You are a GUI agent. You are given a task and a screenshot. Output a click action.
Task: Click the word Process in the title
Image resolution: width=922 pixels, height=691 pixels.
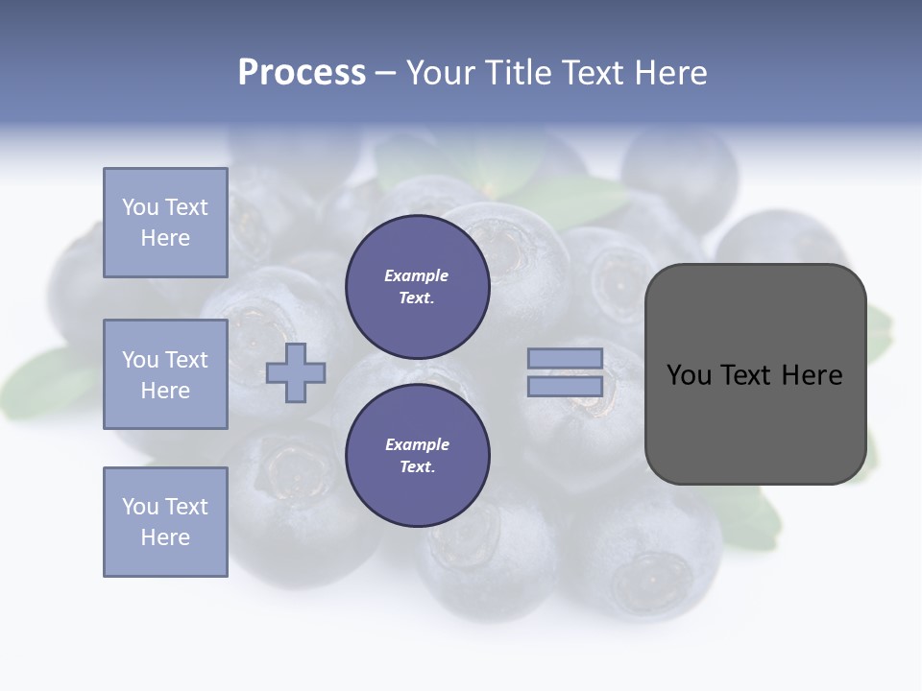pyautogui.click(x=302, y=73)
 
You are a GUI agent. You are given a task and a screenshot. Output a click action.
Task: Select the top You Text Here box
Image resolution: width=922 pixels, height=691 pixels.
pyautogui.click(x=165, y=223)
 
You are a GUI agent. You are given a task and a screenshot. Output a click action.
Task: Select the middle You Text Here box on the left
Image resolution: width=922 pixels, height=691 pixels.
pyautogui.click(x=165, y=374)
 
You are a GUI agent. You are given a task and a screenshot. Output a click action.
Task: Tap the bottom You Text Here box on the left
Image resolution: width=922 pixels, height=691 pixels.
pyautogui.click(x=165, y=522)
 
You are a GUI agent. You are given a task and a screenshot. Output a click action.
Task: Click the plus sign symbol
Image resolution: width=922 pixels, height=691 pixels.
pyautogui.click(x=296, y=373)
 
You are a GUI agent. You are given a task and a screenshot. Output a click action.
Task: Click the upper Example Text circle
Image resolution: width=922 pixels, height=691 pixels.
pyautogui.click(x=418, y=287)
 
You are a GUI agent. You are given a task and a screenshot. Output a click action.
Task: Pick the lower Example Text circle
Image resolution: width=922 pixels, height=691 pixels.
pyautogui.click(x=418, y=456)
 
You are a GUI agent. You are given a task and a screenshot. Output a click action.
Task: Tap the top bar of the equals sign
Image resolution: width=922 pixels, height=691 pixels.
pyautogui.click(x=565, y=358)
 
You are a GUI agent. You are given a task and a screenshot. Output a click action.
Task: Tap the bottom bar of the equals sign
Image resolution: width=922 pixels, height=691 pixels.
pyautogui.click(x=565, y=387)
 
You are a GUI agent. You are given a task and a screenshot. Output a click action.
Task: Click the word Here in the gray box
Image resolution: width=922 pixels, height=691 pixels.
pyautogui.click(x=812, y=375)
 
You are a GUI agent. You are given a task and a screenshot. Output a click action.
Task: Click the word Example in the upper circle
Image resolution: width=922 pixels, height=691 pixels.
pyautogui.click(x=417, y=275)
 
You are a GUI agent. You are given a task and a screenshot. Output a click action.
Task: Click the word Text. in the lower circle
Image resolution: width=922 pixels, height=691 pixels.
pyautogui.click(x=418, y=467)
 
